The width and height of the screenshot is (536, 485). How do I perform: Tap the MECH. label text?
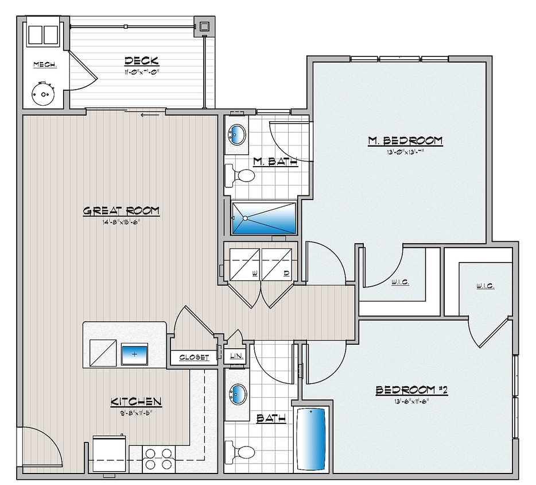(x=45, y=64)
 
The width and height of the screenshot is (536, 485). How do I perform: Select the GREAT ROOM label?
(x=121, y=211)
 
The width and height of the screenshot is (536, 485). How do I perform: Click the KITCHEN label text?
(x=136, y=402)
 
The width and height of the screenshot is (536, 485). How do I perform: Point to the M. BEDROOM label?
(x=405, y=140)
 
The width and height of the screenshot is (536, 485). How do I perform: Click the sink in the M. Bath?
(x=237, y=135)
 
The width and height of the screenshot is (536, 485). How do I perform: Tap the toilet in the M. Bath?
(x=240, y=175)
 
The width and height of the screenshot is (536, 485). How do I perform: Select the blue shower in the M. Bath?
(x=263, y=218)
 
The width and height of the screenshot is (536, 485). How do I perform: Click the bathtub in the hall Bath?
(x=312, y=438)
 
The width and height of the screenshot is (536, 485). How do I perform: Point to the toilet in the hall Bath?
(x=240, y=451)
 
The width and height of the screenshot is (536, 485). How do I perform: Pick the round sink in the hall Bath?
(x=237, y=395)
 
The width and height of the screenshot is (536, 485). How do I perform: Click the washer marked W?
(x=245, y=264)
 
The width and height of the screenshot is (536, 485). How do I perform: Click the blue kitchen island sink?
(x=134, y=354)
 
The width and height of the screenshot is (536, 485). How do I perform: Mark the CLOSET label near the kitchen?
(x=194, y=357)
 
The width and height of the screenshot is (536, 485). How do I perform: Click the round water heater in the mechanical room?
(x=42, y=94)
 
